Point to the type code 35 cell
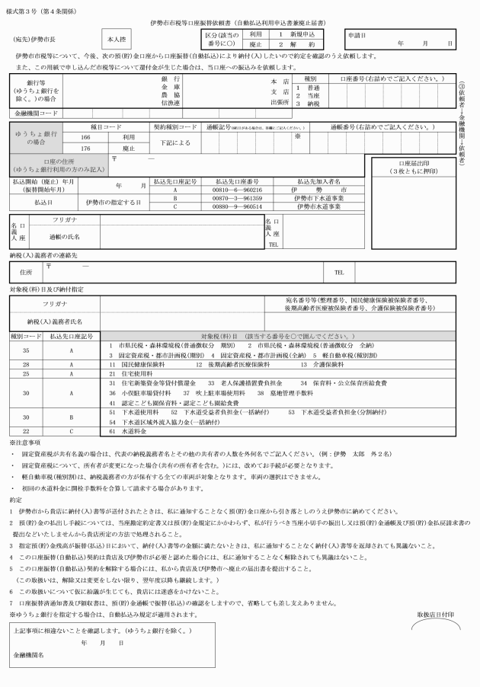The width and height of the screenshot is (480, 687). pos(26,350)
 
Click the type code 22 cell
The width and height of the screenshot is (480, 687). pos(26,431)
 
